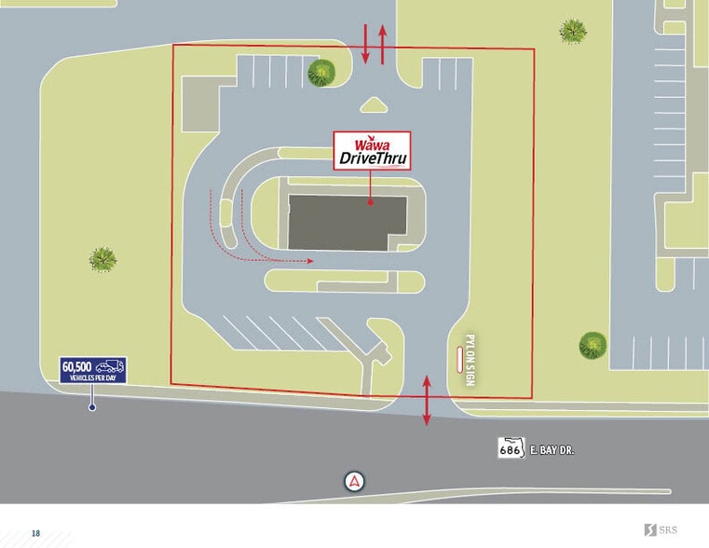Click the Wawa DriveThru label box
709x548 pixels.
tap(372, 151)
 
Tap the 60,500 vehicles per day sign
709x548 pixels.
tap(92, 369)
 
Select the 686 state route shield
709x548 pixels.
tap(509, 449)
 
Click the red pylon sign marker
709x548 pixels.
tap(457, 359)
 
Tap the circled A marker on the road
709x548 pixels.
tap(354, 482)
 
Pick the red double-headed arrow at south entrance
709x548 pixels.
tap(427, 400)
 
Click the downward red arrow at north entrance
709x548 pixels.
tap(365, 44)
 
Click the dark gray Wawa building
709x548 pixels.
tap(346, 223)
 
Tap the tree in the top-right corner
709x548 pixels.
tap(573, 31)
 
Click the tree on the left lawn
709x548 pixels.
tap(102, 258)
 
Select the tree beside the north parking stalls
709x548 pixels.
tap(322, 72)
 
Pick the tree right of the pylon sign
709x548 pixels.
tap(593, 345)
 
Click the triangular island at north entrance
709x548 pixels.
tap(374, 105)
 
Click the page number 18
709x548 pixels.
tap(35, 533)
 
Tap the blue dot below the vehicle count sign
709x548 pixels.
tap(91, 407)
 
